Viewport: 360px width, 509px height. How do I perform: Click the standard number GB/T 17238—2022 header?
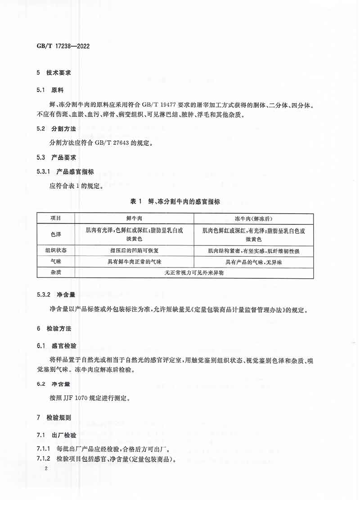pyautogui.click(x=63, y=46)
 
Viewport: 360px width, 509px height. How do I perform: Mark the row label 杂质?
pyautogui.click(x=56, y=272)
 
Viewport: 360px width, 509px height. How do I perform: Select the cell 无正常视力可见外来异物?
pyautogui.click(x=194, y=272)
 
